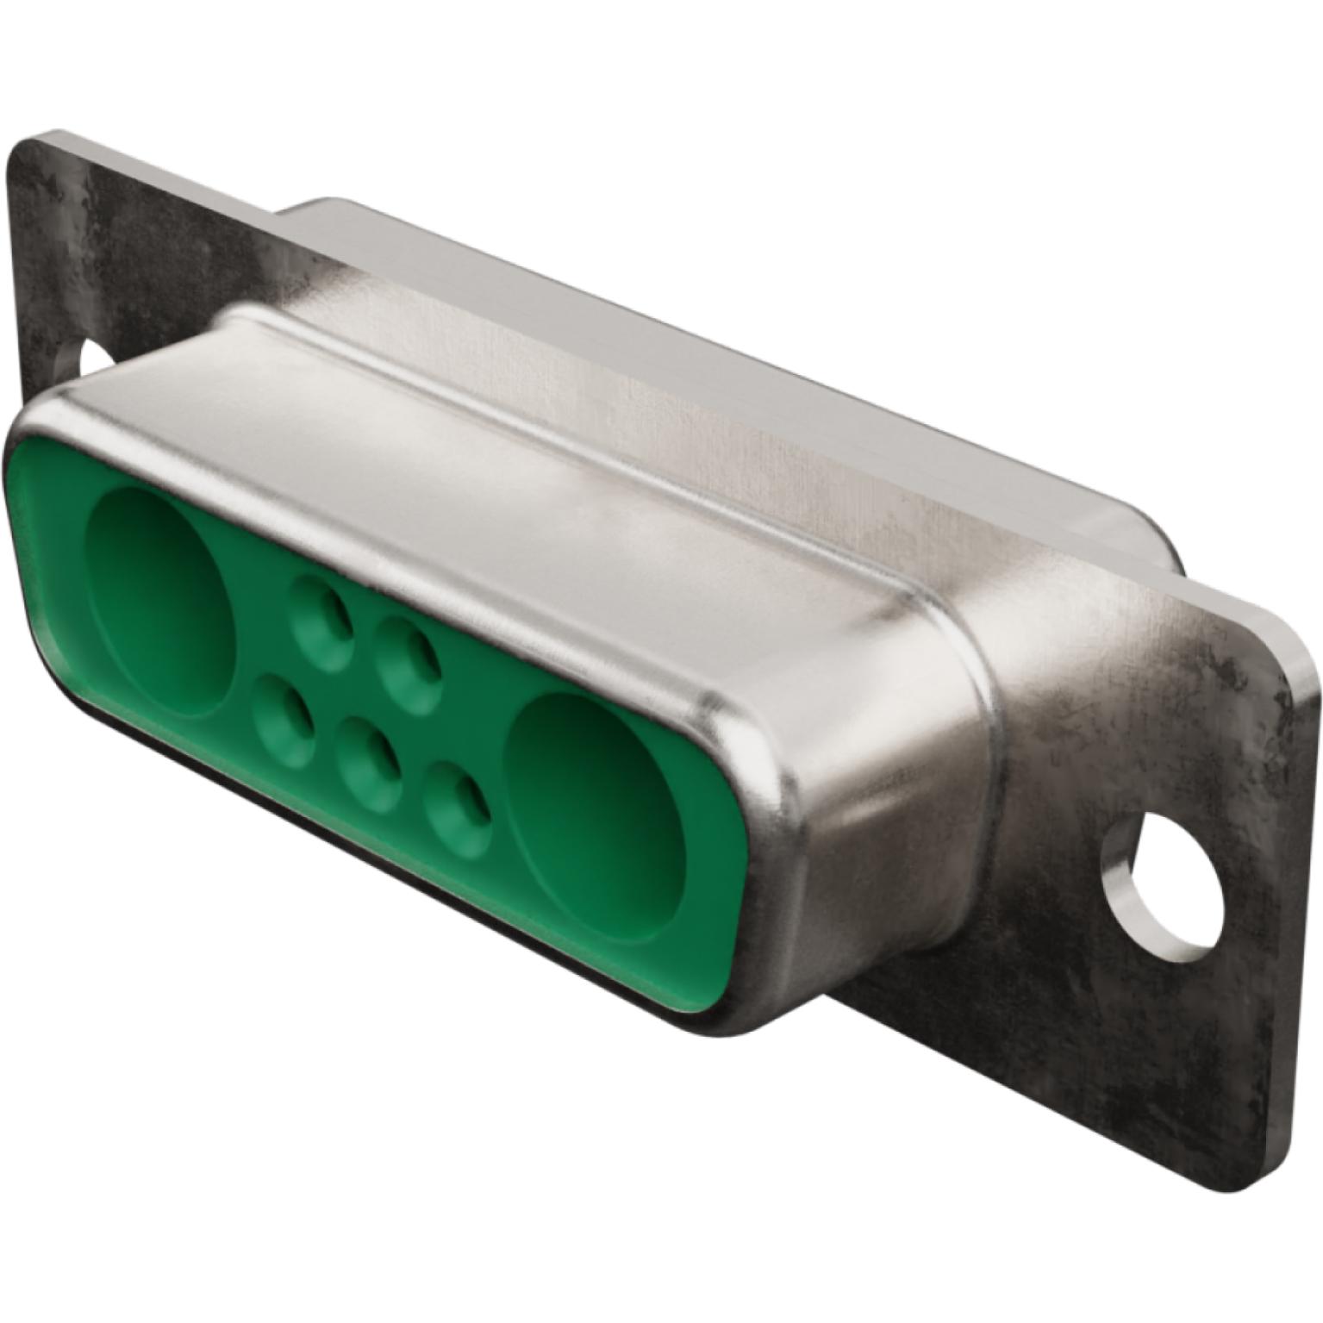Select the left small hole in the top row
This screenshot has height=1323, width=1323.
coord(322,614)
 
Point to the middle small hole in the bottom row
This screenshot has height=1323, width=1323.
coord(369,763)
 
